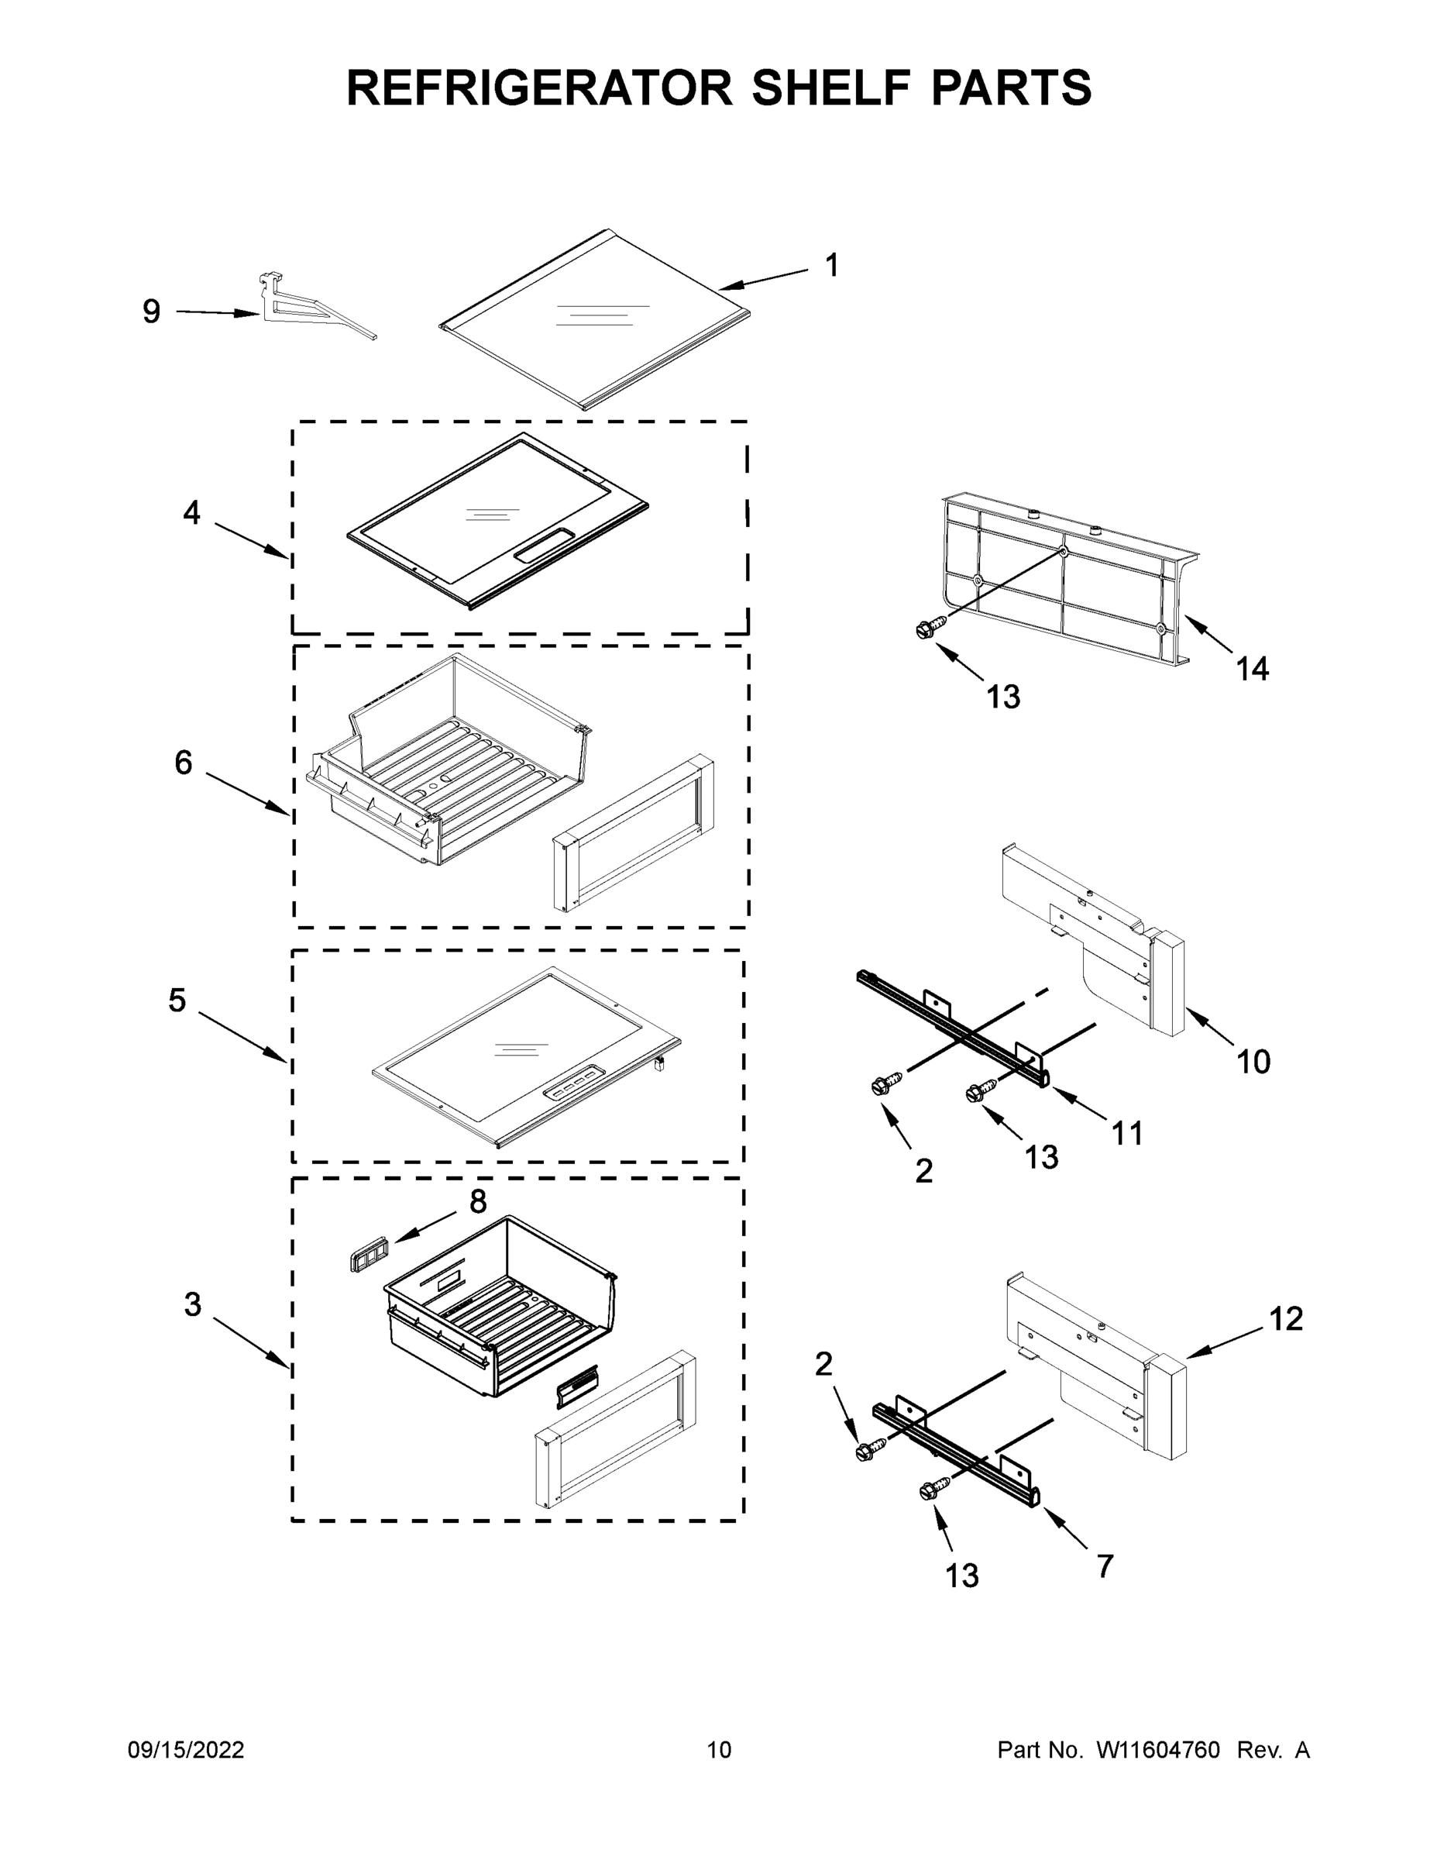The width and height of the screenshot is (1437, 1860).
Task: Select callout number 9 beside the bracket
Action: coord(152,312)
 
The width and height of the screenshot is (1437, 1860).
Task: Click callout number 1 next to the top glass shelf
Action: coord(832,265)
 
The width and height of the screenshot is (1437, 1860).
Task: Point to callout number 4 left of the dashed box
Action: coord(191,513)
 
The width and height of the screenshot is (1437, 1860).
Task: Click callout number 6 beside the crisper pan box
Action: coord(183,763)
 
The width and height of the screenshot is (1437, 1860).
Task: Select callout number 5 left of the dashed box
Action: coord(176,1000)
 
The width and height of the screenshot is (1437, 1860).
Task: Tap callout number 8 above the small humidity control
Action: coord(478,1202)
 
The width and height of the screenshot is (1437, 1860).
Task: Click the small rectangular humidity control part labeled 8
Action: coord(364,1256)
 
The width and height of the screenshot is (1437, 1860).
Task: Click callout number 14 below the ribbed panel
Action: coord(1253,670)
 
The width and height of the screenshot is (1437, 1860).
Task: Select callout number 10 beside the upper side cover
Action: coord(1253,1062)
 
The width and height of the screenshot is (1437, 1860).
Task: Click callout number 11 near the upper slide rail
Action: coord(1127,1134)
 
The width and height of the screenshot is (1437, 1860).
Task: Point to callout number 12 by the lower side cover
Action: coord(1285,1318)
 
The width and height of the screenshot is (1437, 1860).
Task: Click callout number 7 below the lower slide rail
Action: coord(1105,1565)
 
